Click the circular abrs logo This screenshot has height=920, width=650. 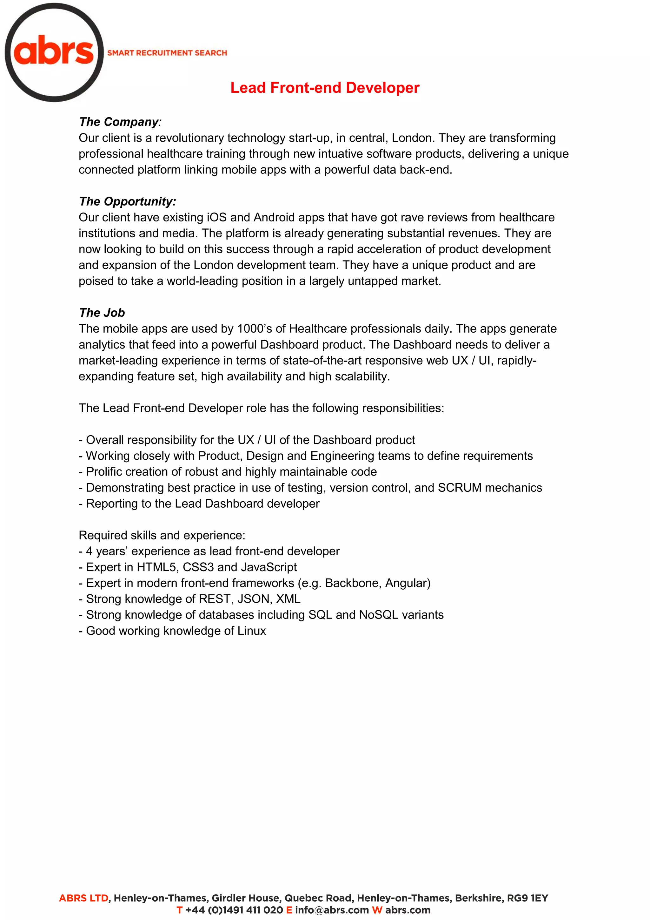(54, 52)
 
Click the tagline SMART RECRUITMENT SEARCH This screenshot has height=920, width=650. (167, 53)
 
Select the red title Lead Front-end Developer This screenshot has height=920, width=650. (325, 88)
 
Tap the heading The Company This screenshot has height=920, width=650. (119, 122)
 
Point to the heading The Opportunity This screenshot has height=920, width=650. (127, 201)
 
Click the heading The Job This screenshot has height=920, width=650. (102, 313)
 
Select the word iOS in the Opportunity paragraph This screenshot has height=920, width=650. (216, 217)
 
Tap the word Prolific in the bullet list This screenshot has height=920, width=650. (104, 472)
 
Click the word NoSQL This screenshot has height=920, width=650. (379, 615)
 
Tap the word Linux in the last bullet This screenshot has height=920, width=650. (251, 631)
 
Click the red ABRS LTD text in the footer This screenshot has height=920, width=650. (84, 898)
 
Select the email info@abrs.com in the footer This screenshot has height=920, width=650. (332, 910)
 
